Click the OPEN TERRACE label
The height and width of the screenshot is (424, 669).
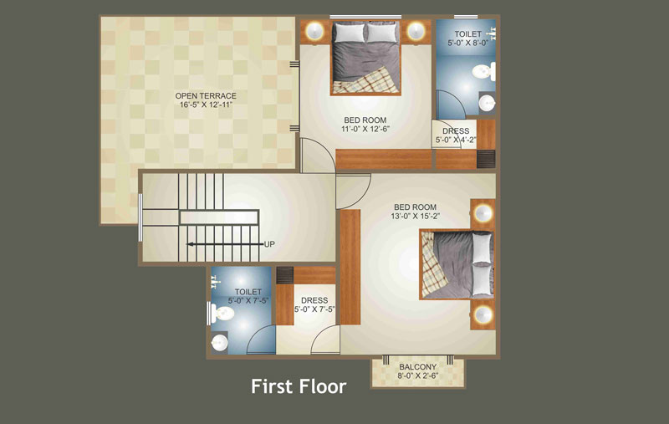tap(206, 95)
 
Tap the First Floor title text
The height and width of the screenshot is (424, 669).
tap(299, 386)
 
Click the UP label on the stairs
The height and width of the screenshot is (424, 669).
tap(269, 244)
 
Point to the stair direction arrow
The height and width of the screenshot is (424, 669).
tap(226, 244)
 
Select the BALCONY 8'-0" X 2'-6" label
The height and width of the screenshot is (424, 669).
tap(417, 371)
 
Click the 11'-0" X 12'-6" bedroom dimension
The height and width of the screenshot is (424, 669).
tap(365, 130)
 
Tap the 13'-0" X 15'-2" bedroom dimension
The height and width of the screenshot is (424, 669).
tap(415, 217)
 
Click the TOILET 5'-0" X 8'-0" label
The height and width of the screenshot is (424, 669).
tap(467, 38)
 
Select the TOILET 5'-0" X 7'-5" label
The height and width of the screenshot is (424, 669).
tap(248, 296)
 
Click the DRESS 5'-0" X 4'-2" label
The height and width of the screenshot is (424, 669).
tap(456, 135)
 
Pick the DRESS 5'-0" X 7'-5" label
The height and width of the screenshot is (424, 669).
tap(314, 304)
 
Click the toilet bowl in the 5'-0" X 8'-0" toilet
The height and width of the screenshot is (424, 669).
tap(484, 71)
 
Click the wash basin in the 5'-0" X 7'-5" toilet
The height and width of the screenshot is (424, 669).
tap(219, 343)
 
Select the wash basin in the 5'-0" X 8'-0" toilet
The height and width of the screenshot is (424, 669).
tap(487, 102)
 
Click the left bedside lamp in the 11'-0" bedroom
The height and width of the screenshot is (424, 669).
tap(315, 31)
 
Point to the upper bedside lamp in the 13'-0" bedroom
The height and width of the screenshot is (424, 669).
tap(483, 213)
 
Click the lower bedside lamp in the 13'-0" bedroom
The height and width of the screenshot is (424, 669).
tap(483, 314)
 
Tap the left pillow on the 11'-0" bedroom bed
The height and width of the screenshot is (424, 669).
tap(350, 33)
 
